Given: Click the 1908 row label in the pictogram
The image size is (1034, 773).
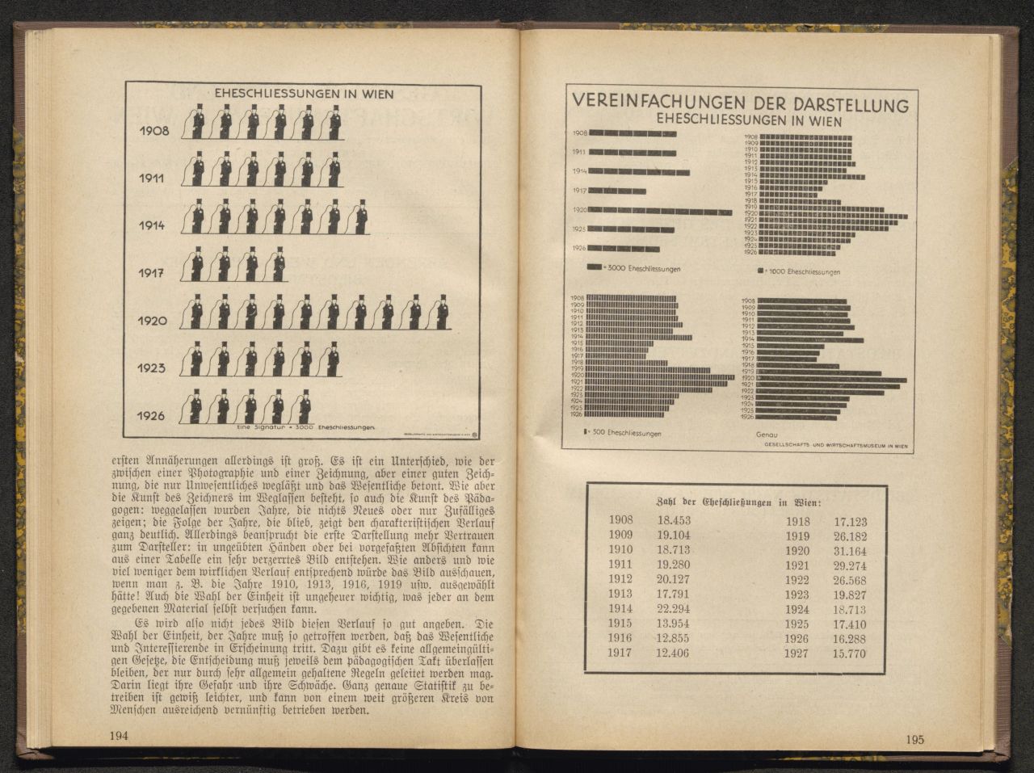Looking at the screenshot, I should (153, 130).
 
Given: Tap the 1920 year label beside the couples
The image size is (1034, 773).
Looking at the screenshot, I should (152, 321).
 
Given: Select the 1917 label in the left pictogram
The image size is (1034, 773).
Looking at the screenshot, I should (152, 273).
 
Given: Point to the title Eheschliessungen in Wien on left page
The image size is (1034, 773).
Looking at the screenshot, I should (304, 94).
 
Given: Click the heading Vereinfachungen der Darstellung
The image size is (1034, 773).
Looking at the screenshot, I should (740, 105).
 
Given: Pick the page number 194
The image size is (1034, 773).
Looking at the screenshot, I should (119, 735).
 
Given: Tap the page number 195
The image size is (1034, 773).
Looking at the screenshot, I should (914, 739).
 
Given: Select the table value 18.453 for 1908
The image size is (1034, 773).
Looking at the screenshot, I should (673, 521).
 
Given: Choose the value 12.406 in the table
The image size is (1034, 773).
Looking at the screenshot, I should (673, 653).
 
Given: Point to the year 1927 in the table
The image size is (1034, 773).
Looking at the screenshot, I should (797, 653).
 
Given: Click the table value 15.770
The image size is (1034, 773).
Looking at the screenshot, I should (850, 653).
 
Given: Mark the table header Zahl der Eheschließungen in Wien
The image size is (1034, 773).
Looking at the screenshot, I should (736, 502).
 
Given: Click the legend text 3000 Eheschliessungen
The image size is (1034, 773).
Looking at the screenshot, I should (644, 268).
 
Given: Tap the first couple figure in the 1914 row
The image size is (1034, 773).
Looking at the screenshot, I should (195, 217).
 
